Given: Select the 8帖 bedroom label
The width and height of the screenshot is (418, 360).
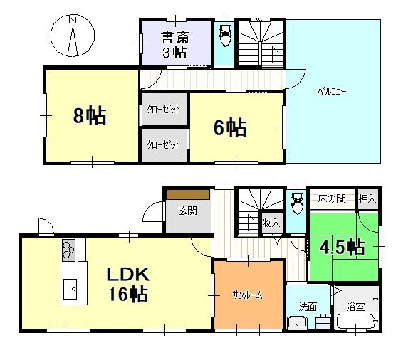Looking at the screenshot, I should coord(90,115).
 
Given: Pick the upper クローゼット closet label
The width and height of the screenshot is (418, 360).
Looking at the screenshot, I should coord(164,110).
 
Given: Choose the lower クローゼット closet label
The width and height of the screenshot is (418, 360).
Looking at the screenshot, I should coord(164,144).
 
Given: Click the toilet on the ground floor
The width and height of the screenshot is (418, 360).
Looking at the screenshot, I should coord(296,203).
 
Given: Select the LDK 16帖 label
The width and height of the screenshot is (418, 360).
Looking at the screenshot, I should coord(127,284).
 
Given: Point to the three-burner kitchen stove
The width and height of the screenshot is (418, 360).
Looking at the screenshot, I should coord(68,250).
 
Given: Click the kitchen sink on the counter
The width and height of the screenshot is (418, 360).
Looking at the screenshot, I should coord(70,289).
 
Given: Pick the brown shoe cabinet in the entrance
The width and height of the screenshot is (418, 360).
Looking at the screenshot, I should coord(188,194).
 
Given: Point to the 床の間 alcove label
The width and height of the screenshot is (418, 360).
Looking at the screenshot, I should coord(331,198).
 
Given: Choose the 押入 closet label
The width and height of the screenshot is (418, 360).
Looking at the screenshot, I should coord(367,198).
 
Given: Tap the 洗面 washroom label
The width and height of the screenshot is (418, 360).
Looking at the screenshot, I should coord(308,307).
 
